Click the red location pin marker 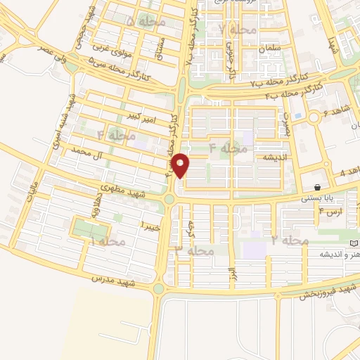[181, 165]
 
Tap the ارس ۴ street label [330, 210]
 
